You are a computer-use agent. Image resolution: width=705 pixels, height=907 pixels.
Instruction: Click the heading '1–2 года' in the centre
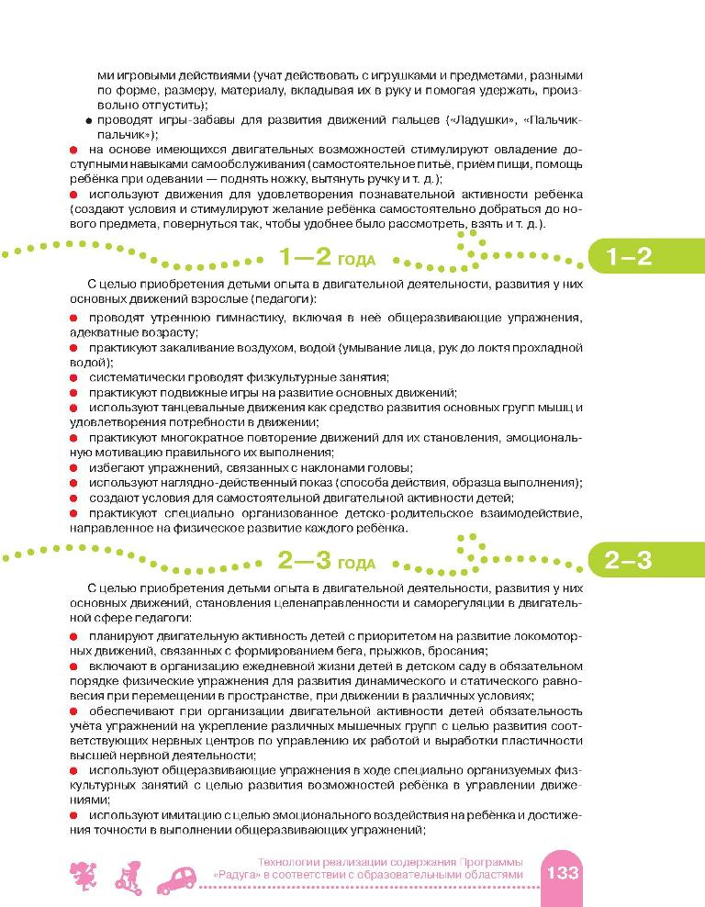[x=326, y=258]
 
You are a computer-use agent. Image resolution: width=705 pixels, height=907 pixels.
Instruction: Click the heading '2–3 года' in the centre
[x=326, y=560]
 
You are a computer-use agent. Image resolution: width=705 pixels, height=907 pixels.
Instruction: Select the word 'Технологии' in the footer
[x=289, y=861]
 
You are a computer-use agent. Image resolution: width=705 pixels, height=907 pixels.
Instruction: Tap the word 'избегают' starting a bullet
[x=112, y=467]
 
